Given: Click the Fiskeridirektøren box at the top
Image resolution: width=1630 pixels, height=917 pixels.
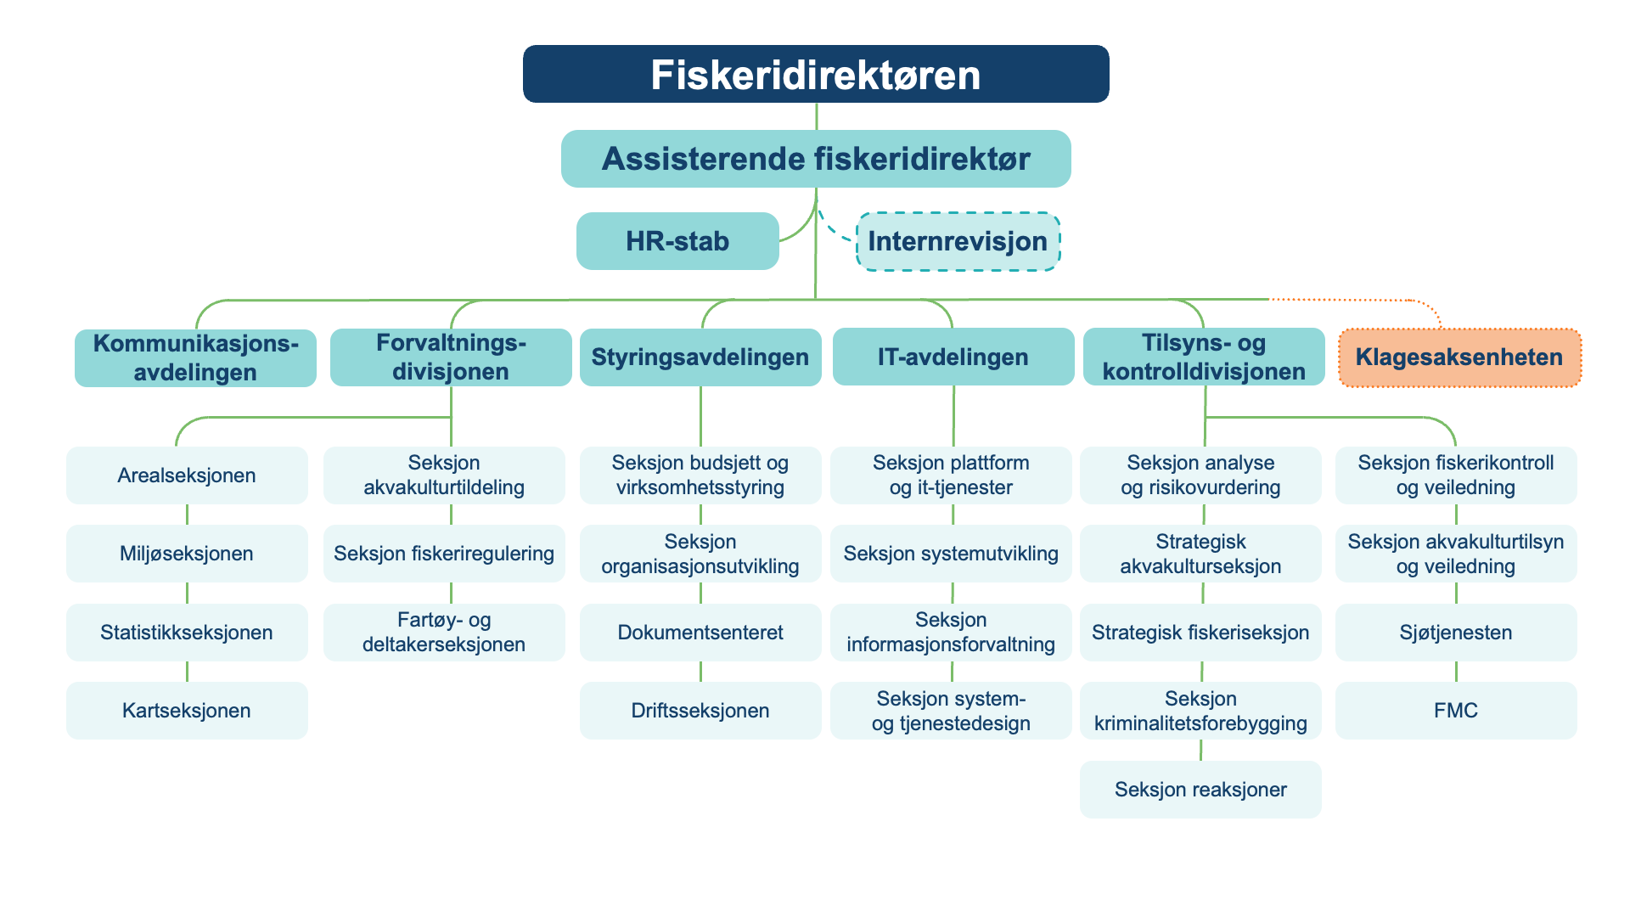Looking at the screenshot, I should coord(815,74).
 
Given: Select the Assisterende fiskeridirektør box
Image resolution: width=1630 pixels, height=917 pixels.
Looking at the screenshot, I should coord(815,159).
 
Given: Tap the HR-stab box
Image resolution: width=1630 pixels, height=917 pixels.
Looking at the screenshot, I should coord(677,241).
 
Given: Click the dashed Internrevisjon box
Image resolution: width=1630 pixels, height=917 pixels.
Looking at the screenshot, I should coord(958,241).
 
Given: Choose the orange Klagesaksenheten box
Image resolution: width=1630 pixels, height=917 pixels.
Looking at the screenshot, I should coord(1459,357).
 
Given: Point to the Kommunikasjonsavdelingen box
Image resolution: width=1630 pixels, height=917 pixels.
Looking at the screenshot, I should coord(195,357).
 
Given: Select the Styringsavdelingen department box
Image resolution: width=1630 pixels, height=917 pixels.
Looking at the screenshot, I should coord(700,357).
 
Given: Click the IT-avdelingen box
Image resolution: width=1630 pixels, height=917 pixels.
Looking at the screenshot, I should coord(953,357).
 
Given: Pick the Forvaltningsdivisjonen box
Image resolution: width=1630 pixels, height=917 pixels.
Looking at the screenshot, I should coord(450,357).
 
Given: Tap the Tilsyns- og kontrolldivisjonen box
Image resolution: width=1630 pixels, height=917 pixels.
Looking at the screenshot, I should coord(1203,357).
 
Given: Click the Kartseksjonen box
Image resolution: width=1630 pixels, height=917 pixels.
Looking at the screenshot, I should coord(187,711).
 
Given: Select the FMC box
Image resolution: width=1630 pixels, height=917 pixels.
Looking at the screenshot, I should coord(1455,711).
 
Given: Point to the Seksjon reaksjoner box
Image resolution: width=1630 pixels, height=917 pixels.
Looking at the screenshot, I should coord(1200,790).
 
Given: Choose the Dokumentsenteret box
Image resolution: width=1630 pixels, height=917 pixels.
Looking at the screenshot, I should coord(700,633).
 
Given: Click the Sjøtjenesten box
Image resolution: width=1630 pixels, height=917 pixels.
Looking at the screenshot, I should coord(1455,633).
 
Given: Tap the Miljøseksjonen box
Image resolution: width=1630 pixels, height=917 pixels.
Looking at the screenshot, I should coord(187,554).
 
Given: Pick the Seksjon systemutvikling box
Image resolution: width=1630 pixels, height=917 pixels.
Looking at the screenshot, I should coord(950,554).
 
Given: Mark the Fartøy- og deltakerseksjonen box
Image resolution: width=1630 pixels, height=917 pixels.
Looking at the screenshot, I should coord(443,633).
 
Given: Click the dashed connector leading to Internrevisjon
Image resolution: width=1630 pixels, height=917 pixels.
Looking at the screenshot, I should coord(833,230).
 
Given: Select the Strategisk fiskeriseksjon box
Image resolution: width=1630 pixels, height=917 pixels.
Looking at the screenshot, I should coord(1200,633).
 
